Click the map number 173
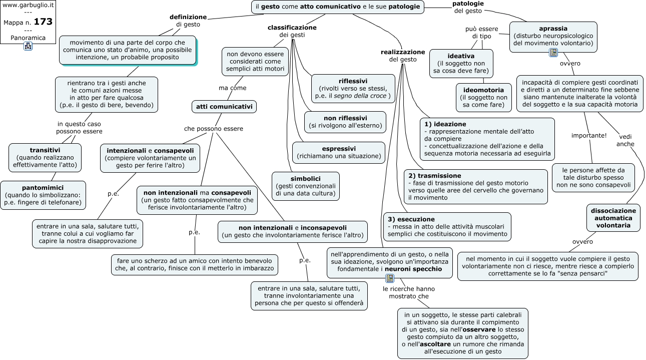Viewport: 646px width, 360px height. [43, 22]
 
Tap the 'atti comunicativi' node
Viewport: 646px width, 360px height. [224, 107]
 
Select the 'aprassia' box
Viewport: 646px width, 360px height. [553, 37]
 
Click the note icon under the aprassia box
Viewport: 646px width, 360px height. [553, 53]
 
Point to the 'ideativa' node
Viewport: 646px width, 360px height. [461, 64]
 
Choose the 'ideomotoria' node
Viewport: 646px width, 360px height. [484, 98]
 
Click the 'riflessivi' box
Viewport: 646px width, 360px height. [353, 89]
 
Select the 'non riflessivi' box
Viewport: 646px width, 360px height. [345, 122]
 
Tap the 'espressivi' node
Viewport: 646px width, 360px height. [339, 153]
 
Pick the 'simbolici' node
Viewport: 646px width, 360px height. [305, 186]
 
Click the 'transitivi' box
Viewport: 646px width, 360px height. [45, 158]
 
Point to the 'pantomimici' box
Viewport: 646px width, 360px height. [43, 195]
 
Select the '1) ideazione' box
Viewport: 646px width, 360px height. [487, 139]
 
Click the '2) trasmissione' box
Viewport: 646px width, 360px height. [475, 187]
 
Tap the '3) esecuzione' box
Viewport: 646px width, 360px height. [447, 227]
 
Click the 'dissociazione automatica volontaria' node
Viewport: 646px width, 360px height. [613, 218]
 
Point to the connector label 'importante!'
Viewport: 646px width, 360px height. [589, 136]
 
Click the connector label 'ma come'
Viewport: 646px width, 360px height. [233, 88]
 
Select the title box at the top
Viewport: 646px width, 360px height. [338, 7]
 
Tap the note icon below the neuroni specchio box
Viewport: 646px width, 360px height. [390, 278]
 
